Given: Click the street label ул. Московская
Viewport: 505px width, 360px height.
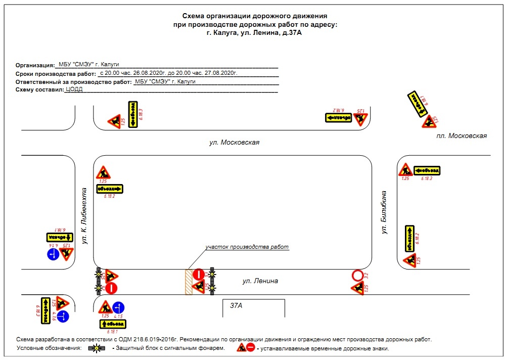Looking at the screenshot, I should (234, 143).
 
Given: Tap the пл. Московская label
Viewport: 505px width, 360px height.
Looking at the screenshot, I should (462, 136).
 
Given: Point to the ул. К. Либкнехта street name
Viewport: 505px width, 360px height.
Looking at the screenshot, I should (85, 216).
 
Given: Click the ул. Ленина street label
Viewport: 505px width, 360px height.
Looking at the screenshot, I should (260, 281).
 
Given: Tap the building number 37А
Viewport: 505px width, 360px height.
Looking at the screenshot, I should (237, 306).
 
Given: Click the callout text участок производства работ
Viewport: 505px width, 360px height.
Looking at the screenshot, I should (247, 247).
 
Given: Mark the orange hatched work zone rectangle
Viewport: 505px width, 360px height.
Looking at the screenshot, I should (188, 282).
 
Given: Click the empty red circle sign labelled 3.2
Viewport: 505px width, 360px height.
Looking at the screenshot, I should (357, 276).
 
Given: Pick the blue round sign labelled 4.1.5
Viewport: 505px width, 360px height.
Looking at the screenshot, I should (118, 307).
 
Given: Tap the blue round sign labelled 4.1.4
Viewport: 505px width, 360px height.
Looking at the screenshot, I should (53, 254).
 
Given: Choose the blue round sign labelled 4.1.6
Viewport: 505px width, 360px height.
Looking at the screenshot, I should (62, 317).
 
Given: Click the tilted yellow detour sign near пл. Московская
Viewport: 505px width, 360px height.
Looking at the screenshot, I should (416, 104).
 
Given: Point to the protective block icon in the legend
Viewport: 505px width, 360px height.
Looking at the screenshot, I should (97, 348).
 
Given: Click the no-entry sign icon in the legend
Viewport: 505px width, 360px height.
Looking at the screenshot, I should (250, 348).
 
